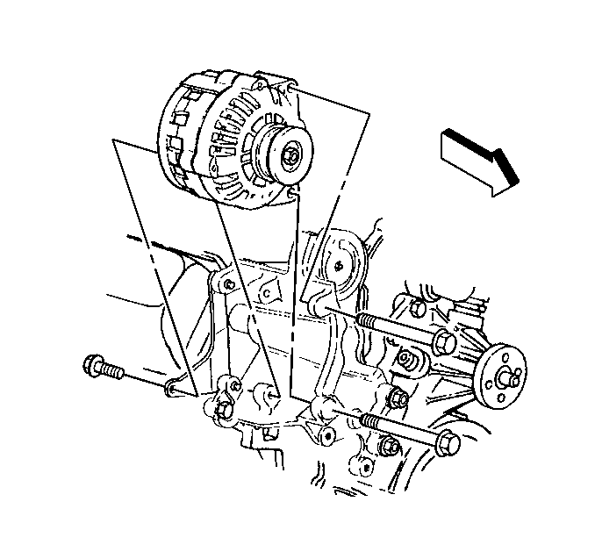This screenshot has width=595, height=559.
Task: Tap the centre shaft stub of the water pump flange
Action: [x=507, y=377]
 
